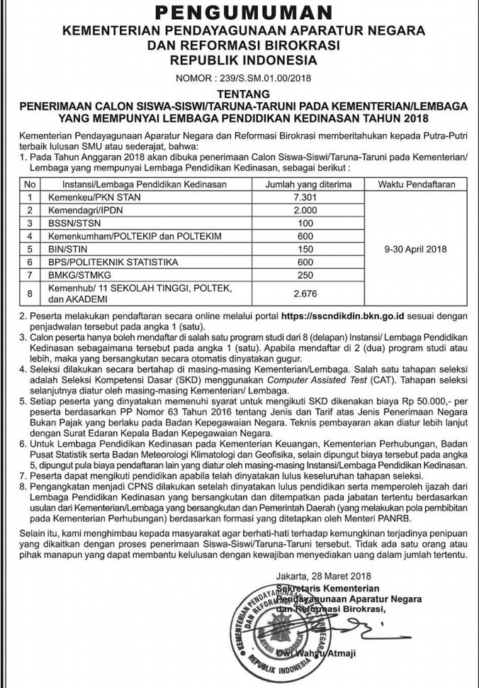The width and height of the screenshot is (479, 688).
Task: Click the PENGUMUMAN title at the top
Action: [x=239, y=12]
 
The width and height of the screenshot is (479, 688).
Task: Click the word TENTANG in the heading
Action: [x=239, y=94]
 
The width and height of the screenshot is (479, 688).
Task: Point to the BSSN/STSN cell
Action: [x=70, y=223]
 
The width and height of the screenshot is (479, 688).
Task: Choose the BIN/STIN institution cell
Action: [x=67, y=249]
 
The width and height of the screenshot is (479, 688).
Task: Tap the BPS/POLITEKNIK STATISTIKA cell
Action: [x=102, y=262]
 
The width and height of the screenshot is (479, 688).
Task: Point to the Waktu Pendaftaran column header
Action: [x=415, y=184]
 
